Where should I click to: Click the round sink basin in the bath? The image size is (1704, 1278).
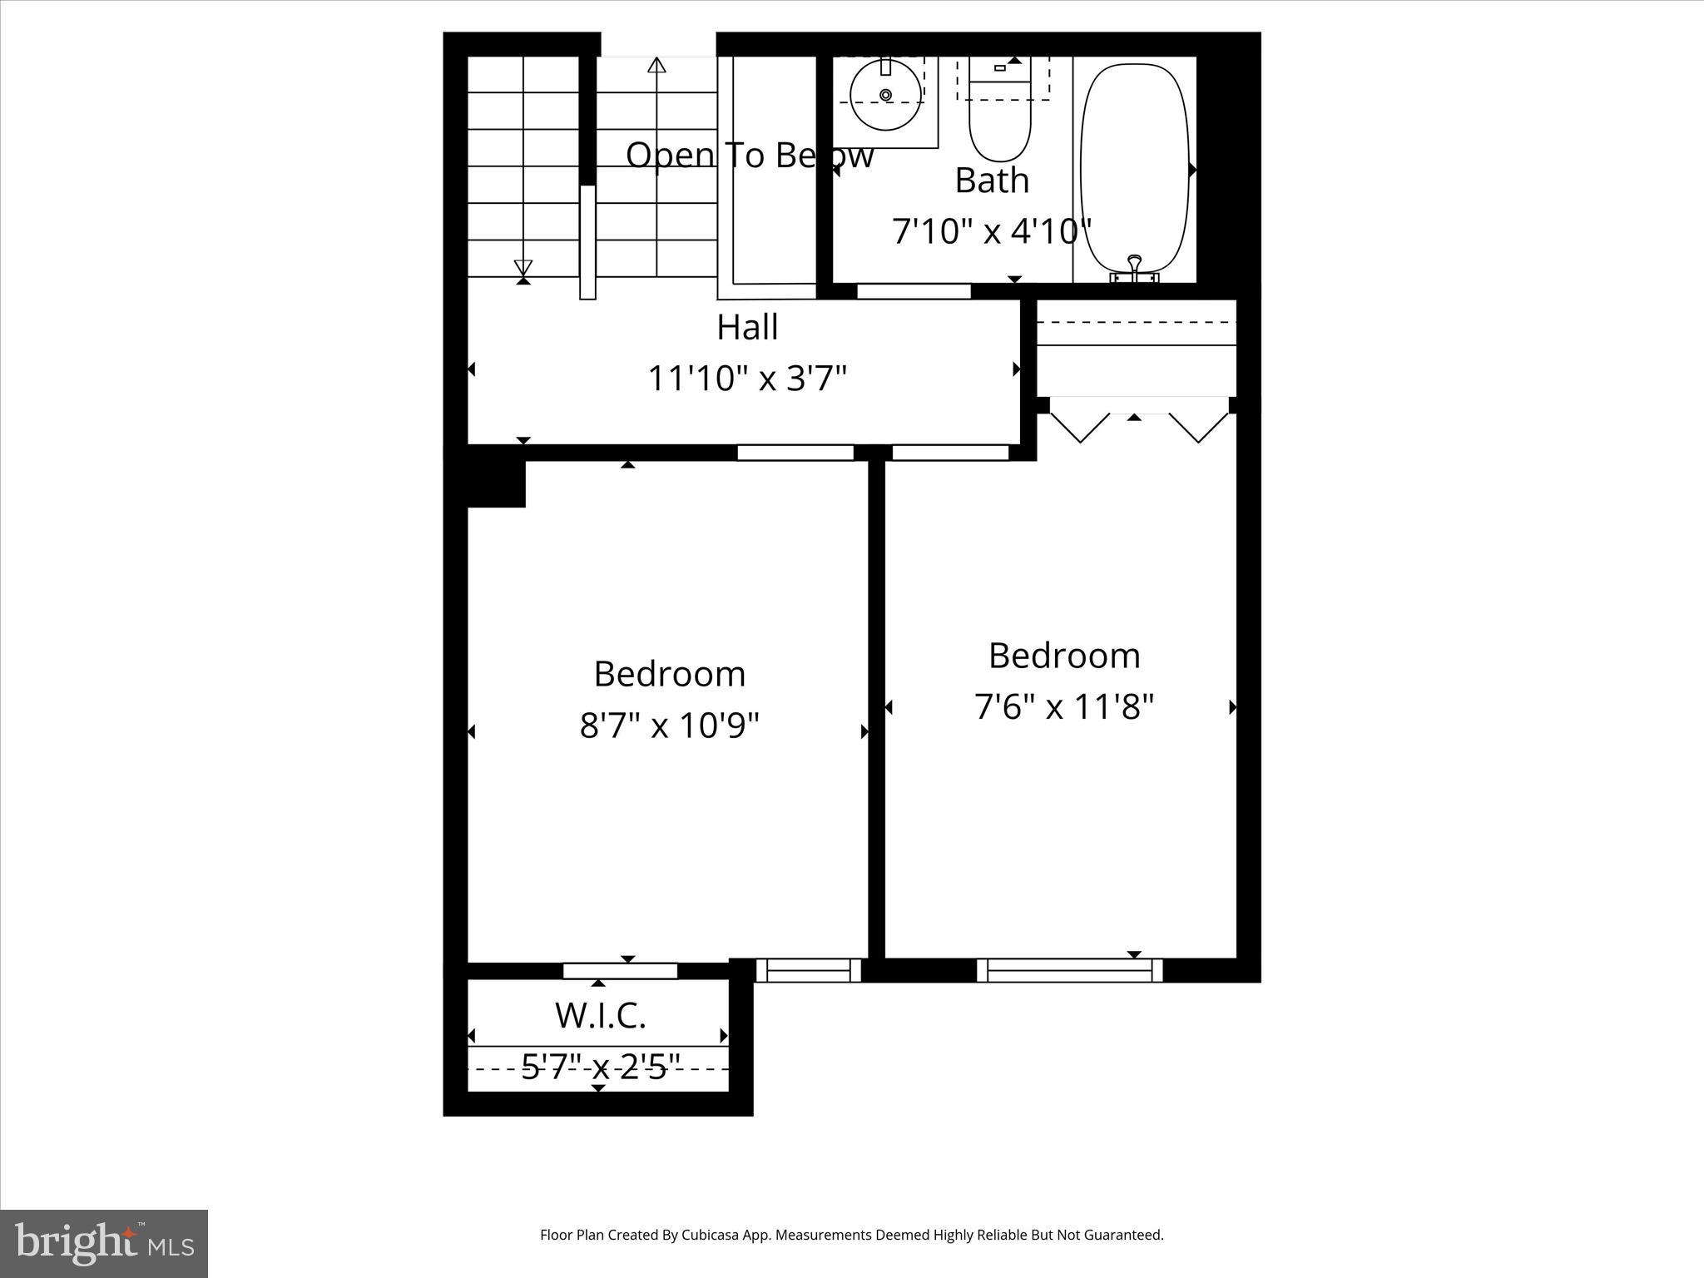click(886, 95)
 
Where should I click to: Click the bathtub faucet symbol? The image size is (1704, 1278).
click(1135, 268)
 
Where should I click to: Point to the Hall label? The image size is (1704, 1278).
click(747, 327)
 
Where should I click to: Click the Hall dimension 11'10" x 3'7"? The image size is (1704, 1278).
click(747, 379)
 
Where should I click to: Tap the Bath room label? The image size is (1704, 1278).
click(992, 181)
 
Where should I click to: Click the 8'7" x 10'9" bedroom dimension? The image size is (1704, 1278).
click(670, 726)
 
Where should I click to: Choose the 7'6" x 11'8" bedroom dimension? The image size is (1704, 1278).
click(1064, 707)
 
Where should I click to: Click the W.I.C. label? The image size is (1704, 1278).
click(600, 1016)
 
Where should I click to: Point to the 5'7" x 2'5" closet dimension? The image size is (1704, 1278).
click(600, 1067)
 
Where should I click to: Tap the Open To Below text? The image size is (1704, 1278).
click(749, 156)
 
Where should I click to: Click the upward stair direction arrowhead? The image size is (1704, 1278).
click(656, 65)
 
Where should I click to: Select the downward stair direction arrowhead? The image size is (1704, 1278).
click(523, 268)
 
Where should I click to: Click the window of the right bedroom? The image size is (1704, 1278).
click(1069, 970)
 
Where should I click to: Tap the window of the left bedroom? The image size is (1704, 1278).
click(808, 970)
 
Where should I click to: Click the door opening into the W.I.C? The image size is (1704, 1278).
click(620, 971)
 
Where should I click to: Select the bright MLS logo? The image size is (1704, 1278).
click(104, 1243)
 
